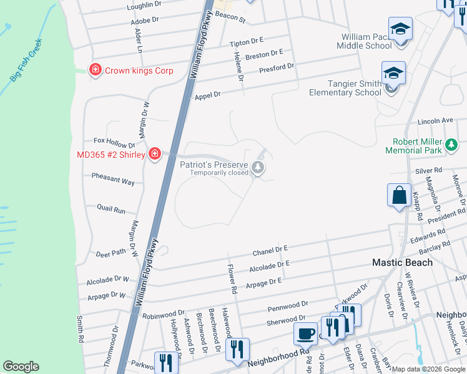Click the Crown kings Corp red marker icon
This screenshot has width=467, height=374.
[96, 70]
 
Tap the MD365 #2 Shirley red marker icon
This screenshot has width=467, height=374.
[155, 155]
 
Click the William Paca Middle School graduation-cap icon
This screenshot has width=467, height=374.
[400, 29]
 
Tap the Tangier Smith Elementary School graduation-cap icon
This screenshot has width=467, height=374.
[393, 74]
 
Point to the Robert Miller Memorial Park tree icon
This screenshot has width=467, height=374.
[451, 146]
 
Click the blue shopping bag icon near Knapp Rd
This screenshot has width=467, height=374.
[399, 195]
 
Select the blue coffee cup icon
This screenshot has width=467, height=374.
[305, 334]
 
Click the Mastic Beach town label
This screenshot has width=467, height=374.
[402, 262]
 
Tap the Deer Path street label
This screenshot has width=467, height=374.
[110, 254]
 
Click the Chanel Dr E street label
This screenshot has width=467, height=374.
[270, 251]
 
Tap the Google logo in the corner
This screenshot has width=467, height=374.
[21, 367]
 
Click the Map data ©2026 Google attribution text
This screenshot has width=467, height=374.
[428, 369]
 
